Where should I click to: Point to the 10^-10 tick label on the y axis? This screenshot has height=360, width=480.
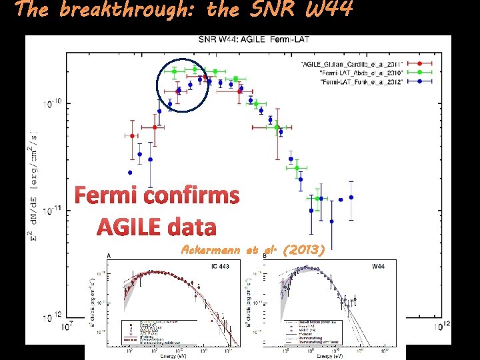[52, 104]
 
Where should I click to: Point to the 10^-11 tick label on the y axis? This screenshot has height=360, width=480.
[52, 211]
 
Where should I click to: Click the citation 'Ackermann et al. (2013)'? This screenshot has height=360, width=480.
[253, 250]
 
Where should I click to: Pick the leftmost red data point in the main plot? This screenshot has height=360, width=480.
[132, 136]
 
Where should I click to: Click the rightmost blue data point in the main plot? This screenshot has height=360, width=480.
[351, 197]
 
